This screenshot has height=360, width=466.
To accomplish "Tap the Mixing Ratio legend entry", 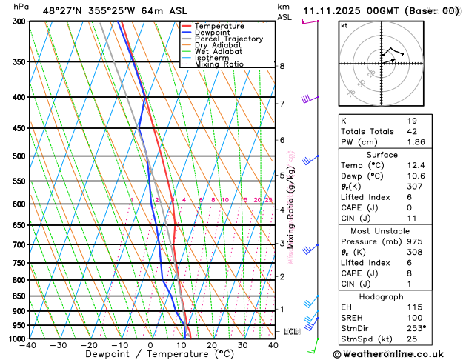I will click(219, 64).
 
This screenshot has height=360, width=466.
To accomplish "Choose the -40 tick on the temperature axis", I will click(29, 345).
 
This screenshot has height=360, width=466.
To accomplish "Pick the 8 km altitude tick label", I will click(282, 66).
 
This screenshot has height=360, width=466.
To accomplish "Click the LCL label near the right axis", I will click(290, 332).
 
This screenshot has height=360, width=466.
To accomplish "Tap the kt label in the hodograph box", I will click(344, 25).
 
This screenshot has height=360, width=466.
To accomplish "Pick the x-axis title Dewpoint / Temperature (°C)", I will click(150, 355).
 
